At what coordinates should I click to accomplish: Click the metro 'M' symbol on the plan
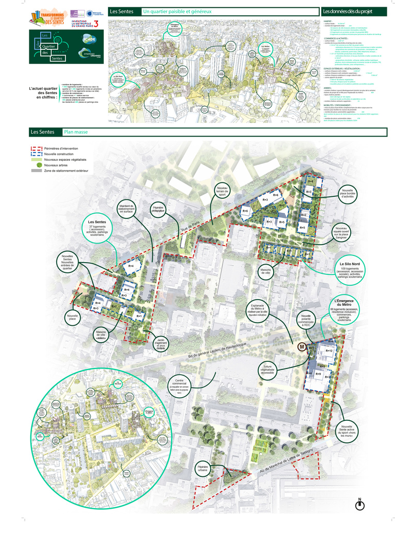(x=302, y=347)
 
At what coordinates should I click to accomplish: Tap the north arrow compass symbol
(x=360, y=505)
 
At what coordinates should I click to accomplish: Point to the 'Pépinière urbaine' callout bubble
(x=205, y=469)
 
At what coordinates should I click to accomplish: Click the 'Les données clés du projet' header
(x=347, y=11)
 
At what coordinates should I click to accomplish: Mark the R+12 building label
(x=330, y=350)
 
